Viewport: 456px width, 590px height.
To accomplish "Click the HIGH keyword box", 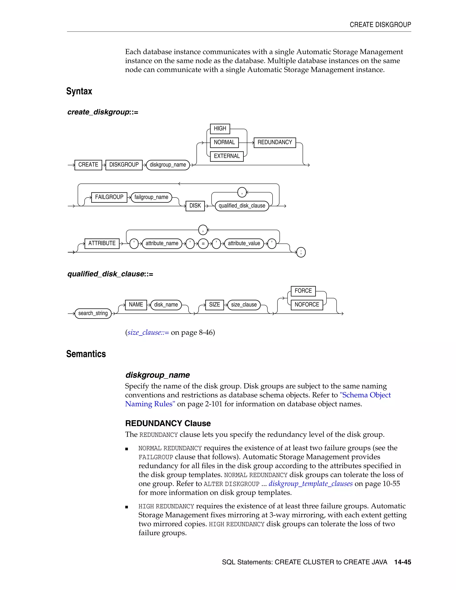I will (220, 129).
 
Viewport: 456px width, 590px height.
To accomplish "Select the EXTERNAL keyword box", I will (227, 156).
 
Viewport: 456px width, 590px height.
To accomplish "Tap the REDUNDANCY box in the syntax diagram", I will (275, 142).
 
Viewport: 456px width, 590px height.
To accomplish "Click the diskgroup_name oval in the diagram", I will (168, 165).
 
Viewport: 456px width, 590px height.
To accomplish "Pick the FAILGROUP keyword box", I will (109, 197).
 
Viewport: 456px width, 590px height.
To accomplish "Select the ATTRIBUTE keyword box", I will (102, 243).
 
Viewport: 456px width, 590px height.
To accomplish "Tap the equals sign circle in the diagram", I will (203, 243).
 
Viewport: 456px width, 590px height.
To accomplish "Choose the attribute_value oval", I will (244, 243).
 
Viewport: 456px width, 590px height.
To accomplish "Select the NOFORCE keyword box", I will (307, 305).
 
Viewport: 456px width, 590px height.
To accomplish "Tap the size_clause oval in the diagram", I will (244, 305).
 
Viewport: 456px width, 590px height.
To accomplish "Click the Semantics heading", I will (86, 354).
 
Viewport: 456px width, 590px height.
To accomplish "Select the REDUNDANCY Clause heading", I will (168, 423).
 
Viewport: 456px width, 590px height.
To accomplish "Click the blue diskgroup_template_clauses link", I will (310, 484).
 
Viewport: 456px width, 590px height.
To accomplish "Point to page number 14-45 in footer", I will (403, 562).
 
